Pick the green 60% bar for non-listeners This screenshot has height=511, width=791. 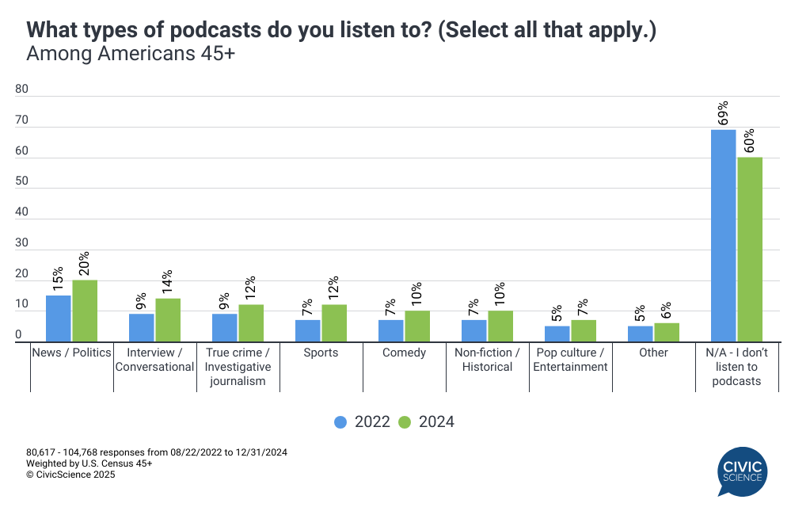749,250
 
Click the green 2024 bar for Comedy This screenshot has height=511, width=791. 417,326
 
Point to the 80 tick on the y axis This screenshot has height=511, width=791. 21,90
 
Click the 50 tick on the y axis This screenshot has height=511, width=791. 21,182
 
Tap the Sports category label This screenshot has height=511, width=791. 321,353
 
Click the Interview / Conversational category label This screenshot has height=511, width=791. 155,360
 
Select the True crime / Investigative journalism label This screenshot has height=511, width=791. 238,367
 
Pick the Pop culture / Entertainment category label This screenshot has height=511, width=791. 570,360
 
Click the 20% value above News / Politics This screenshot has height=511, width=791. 85,262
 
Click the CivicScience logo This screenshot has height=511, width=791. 743,471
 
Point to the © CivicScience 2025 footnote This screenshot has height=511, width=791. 70,475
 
